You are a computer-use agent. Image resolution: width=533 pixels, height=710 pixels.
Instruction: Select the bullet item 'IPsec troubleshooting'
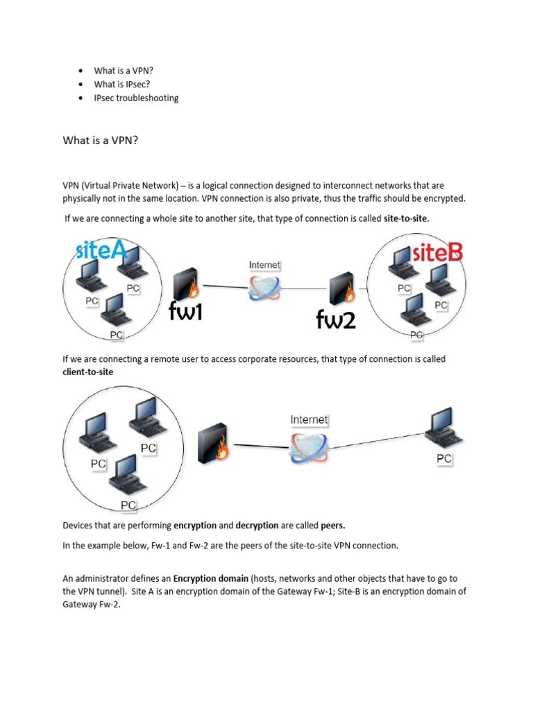point(136,98)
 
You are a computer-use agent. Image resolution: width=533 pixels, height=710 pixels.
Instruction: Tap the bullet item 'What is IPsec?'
point(122,84)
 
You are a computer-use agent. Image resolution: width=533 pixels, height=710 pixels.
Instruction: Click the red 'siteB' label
point(437,253)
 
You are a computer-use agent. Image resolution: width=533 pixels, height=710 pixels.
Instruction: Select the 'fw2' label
point(335,318)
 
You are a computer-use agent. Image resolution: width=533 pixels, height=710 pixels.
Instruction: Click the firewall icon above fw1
point(185,284)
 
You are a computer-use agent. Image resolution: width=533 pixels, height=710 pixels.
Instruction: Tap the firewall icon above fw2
point(342,284)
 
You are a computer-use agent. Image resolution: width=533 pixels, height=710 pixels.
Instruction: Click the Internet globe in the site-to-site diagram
point(265,288)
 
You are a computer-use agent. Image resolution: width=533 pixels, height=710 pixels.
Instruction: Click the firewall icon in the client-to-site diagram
point(213,444)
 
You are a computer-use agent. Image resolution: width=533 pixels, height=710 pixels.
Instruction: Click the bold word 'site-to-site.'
point(407,218)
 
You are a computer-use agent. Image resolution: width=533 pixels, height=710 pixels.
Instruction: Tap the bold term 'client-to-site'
point(88,372)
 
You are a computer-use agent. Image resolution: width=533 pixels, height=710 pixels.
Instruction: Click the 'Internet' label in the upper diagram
point(264,265)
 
